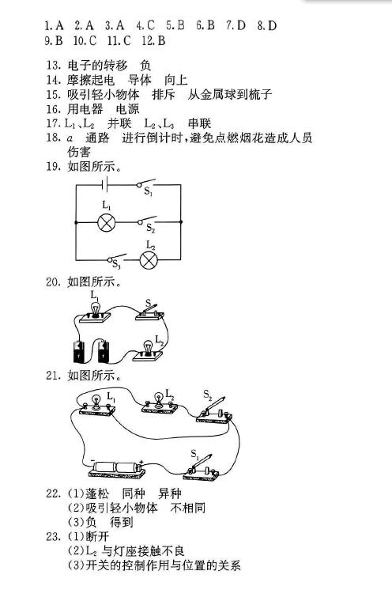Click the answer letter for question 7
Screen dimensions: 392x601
[x=240, y=25]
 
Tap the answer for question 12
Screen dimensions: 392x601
[x=161, y=40]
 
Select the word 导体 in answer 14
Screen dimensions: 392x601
[x=139, y=80]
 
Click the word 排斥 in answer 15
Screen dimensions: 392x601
[x=164, y=94]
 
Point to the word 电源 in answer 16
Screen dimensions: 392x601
[x=127, y=109]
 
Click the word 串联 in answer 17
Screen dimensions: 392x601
[x=199, y=123]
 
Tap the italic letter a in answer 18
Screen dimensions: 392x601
[x=70, y=138]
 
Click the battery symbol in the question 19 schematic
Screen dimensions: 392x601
[x=105, y=184]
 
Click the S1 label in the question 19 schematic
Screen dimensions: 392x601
[x=149, y=191]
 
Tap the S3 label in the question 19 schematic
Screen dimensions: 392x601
[x=116, y=263]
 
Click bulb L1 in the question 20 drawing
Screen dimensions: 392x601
[x=95, y=311]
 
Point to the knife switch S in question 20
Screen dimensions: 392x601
[x=149, y=312]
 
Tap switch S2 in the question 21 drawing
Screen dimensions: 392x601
[x=214, y=411]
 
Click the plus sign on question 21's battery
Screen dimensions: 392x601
[x=141, y=462]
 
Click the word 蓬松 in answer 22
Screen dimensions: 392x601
[x=97, y=493]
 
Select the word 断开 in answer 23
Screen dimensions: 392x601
[x=97, y=536]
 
